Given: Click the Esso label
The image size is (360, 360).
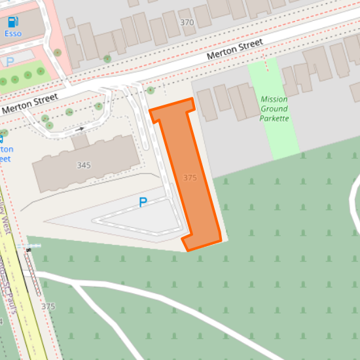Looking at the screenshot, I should point(13,33).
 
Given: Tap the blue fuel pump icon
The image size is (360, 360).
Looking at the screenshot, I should point(13,22).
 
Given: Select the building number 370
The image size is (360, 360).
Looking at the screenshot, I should point(187,23).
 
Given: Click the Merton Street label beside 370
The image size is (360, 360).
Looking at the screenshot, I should point(234,50).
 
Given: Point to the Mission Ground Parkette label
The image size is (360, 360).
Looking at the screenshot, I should point(274,109).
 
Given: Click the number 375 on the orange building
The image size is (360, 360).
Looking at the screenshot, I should point(190,178).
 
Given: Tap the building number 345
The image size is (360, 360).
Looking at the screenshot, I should point(84,165).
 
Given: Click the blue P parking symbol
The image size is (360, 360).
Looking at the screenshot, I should point(143,203).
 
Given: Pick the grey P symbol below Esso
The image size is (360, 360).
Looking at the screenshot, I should point(10,62).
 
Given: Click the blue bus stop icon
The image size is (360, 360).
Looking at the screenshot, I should point(1,138).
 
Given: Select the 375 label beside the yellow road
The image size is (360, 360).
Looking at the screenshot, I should point(48,306).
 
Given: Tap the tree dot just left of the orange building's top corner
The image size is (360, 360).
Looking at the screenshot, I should point(151,90).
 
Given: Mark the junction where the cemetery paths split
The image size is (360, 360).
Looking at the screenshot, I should point(73,283).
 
